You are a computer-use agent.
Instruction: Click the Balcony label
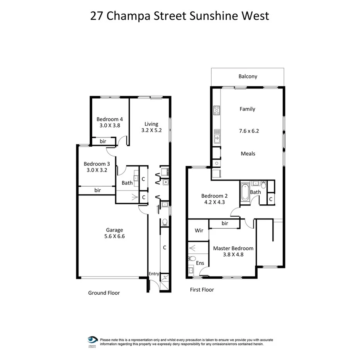(x=248, y=76)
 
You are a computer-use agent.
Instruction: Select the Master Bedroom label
(x=233, y=248)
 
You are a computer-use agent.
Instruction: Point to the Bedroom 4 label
(x=110, y=119)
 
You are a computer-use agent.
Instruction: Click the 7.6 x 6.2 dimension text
(x=249, y=131)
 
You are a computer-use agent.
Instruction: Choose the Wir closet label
(x=199, y=231)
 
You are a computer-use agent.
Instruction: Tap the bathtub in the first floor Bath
(x=245, y=192)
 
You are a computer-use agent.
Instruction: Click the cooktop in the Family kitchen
(x=216, y=111)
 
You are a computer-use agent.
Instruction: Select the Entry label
(x=154, y=274)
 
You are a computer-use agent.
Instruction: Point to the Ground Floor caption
(x=104, y=293)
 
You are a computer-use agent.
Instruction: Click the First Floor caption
(x=202, y=290)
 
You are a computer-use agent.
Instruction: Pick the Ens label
(x=200, y=263)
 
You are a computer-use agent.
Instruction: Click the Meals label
(x=248, y=153)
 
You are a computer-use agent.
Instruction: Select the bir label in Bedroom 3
(x=97, y=190)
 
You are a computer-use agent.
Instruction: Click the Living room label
(x=151, y=124)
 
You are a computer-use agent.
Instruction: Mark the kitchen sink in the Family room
(x=217, y=136)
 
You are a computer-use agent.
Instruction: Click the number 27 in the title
(x=97, y=16)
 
